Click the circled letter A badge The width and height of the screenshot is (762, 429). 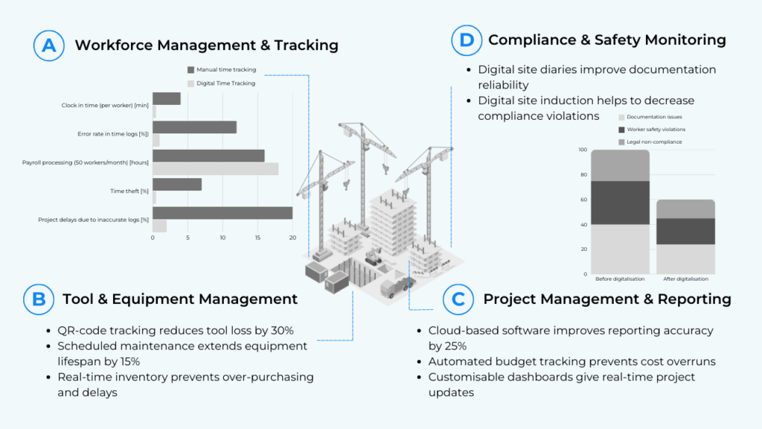48,45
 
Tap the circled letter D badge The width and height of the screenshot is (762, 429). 467,40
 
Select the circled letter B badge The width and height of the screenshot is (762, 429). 39,299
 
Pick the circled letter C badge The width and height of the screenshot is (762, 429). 458,299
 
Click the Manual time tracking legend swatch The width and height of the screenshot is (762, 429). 190,70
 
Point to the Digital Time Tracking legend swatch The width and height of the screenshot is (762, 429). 190,83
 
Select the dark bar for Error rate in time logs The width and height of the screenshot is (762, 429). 194,127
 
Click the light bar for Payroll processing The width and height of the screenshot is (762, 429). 215,169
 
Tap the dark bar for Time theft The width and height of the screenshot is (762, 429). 177,185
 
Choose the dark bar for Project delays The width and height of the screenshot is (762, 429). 222,213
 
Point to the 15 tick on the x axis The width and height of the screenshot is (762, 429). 257,238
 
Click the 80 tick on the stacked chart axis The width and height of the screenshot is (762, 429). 583,174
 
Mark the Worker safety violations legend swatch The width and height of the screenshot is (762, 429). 621,130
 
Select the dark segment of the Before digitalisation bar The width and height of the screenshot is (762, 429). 620,203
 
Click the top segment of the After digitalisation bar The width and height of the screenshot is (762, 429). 685,209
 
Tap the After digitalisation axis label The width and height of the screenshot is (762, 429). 685,279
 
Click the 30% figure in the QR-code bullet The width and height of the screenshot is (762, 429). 282,331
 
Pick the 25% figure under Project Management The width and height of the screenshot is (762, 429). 455,346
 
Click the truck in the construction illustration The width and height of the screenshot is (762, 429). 396,287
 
